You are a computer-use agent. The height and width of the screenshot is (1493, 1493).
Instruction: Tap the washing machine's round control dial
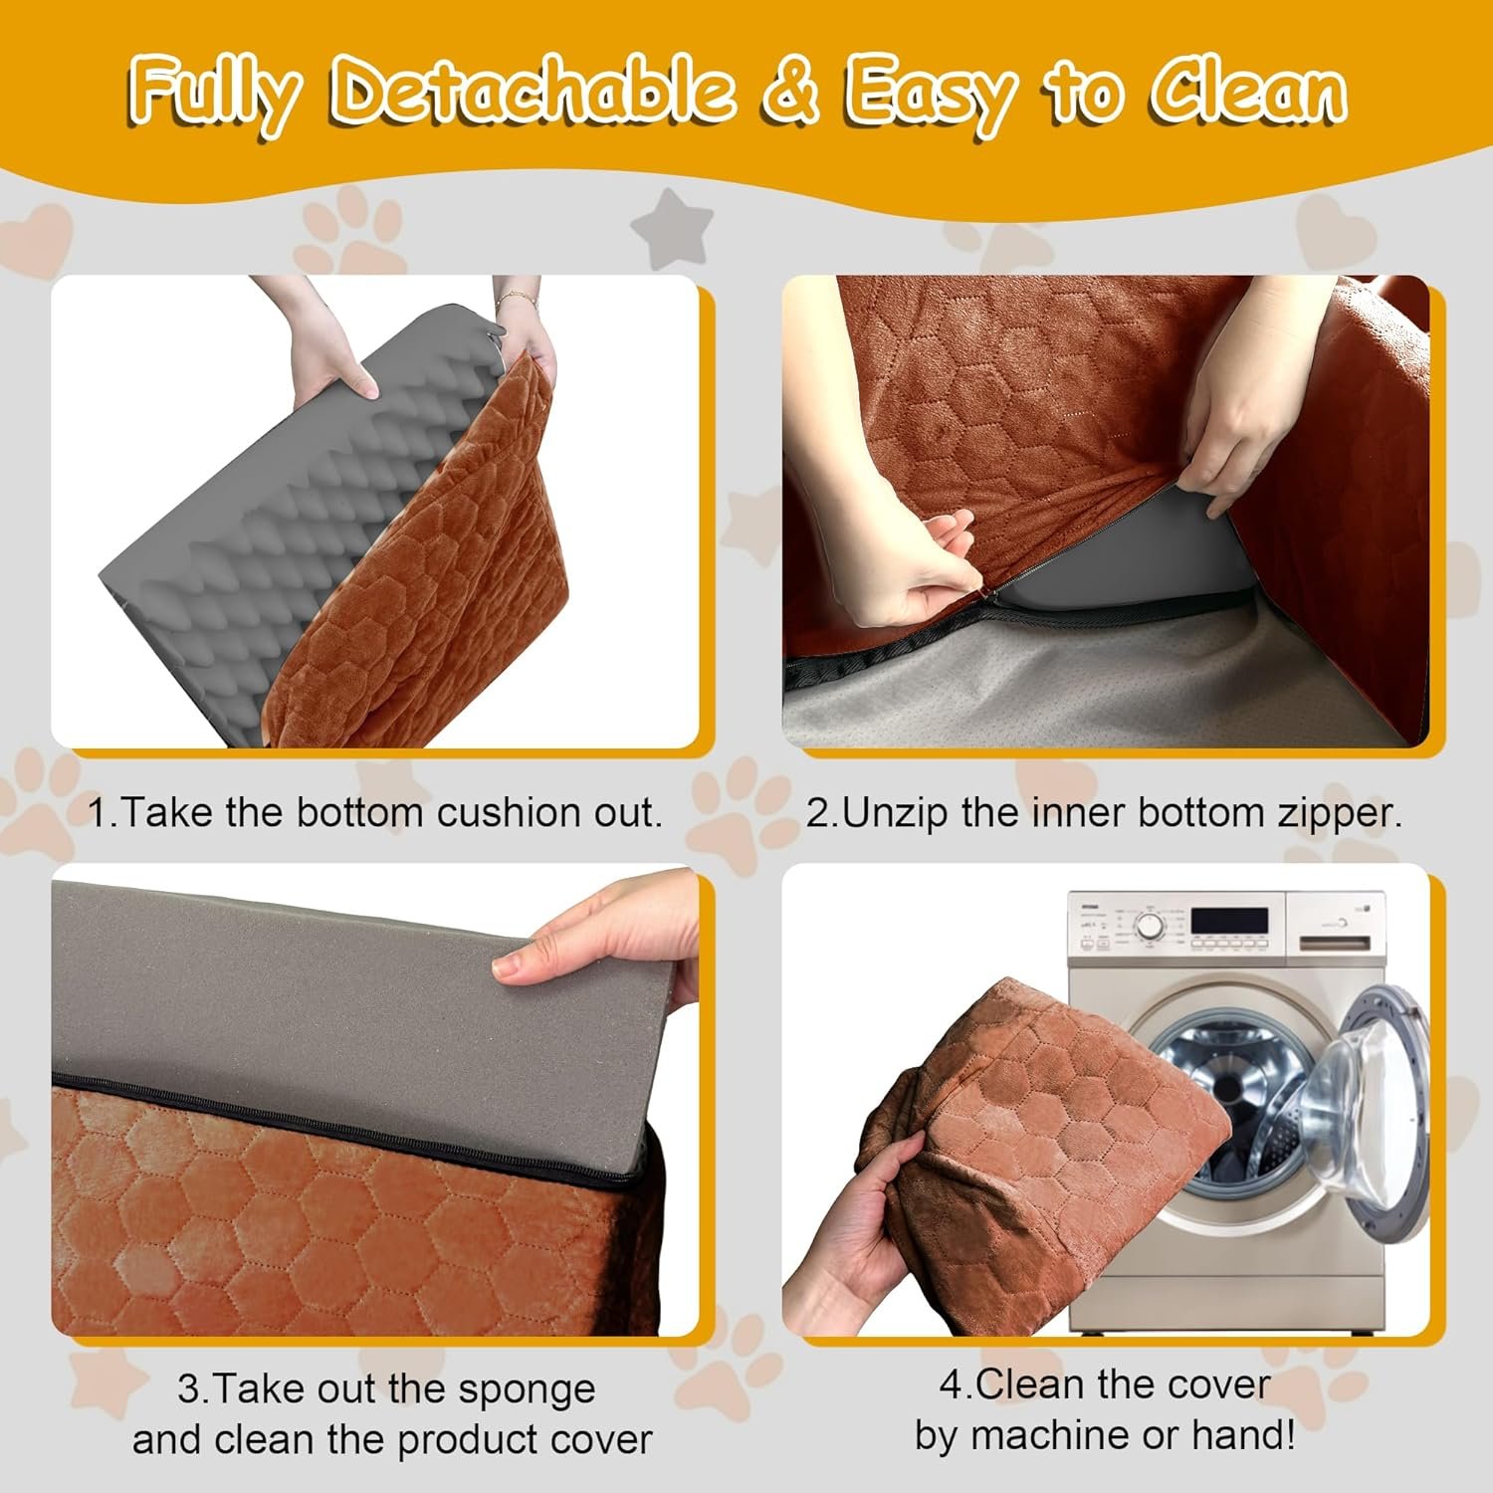click(1151, 926)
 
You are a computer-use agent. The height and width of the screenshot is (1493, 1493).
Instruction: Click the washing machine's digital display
click(1230, 921)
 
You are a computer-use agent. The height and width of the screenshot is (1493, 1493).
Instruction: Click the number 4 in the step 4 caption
click(951, 1385)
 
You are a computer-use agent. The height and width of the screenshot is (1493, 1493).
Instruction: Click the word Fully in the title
click(215, 93)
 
